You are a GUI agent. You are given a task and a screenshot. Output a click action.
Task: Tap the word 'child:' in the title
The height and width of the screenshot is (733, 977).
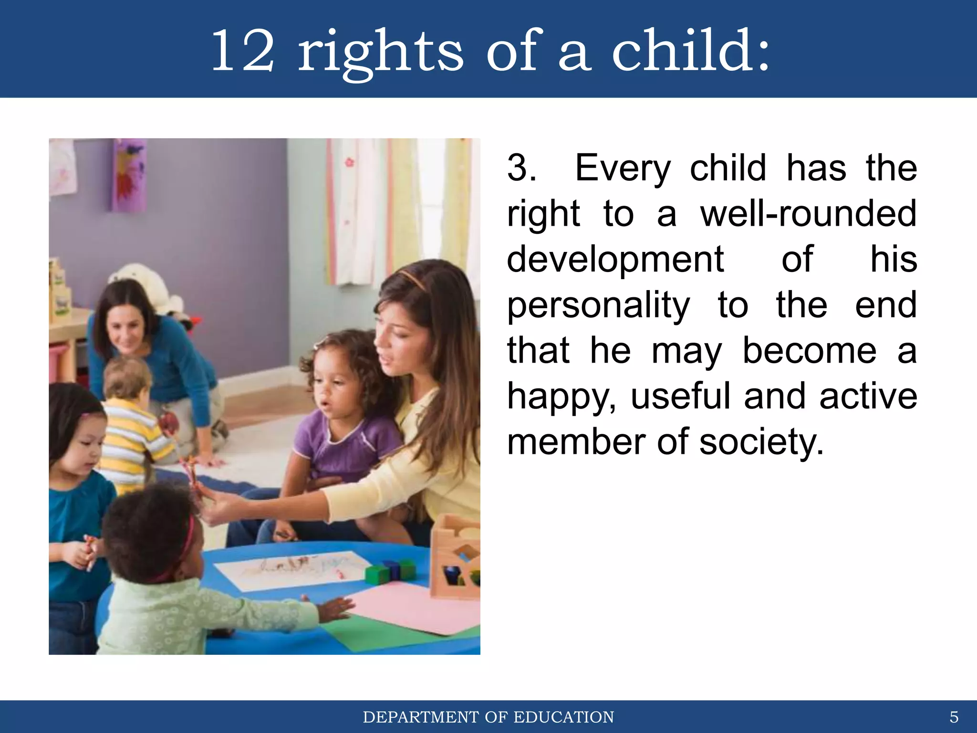tap(691, 50)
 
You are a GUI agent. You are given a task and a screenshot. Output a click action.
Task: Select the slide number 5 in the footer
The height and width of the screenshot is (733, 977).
tap(954, 717)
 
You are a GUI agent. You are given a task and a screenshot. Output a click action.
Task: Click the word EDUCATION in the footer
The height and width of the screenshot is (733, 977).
tap(563, 717)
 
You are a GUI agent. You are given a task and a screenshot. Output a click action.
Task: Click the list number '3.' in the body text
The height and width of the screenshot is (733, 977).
tap(521, 168)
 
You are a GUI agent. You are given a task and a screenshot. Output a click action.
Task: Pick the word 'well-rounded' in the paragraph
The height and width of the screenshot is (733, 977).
tap(808, 214)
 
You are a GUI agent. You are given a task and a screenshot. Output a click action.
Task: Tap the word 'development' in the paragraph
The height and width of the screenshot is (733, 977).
tap(615, 260)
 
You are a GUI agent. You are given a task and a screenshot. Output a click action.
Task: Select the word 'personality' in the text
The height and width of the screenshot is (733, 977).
tap(598, 305)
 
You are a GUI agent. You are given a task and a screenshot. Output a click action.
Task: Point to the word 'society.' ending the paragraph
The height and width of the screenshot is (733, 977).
tap(761, 442)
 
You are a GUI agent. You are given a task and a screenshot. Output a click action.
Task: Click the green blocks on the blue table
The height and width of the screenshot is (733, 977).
tap(390, 572)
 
